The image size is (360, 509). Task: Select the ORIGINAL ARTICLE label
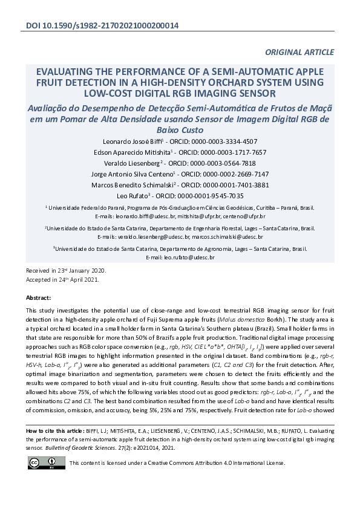click(299, 53)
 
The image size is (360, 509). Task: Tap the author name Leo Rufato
click(135, 196)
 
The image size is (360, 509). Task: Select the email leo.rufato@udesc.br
click(189, 258)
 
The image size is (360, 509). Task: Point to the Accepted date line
click(58, 279)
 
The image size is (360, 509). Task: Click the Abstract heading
click(39, 298)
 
